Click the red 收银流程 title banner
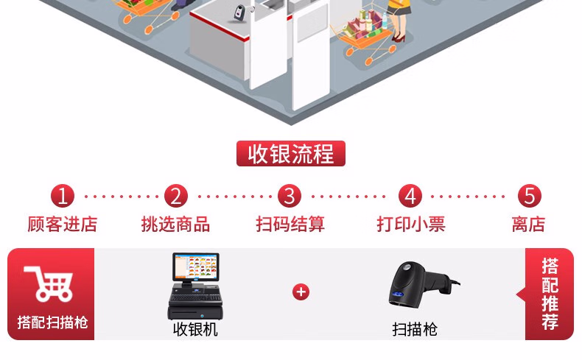[290, 154]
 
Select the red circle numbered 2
[175, 196]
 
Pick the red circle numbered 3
[290, 196]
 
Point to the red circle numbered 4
[410, 196]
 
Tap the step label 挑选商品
[175, 224]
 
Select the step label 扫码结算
[290, 224]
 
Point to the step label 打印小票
[410, 224]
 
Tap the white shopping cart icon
[49, 283]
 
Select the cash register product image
[195, 287]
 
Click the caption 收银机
[195, 329]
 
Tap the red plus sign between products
[301, 292]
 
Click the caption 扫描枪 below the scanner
[415, 329]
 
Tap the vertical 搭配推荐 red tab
[550, 294]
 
